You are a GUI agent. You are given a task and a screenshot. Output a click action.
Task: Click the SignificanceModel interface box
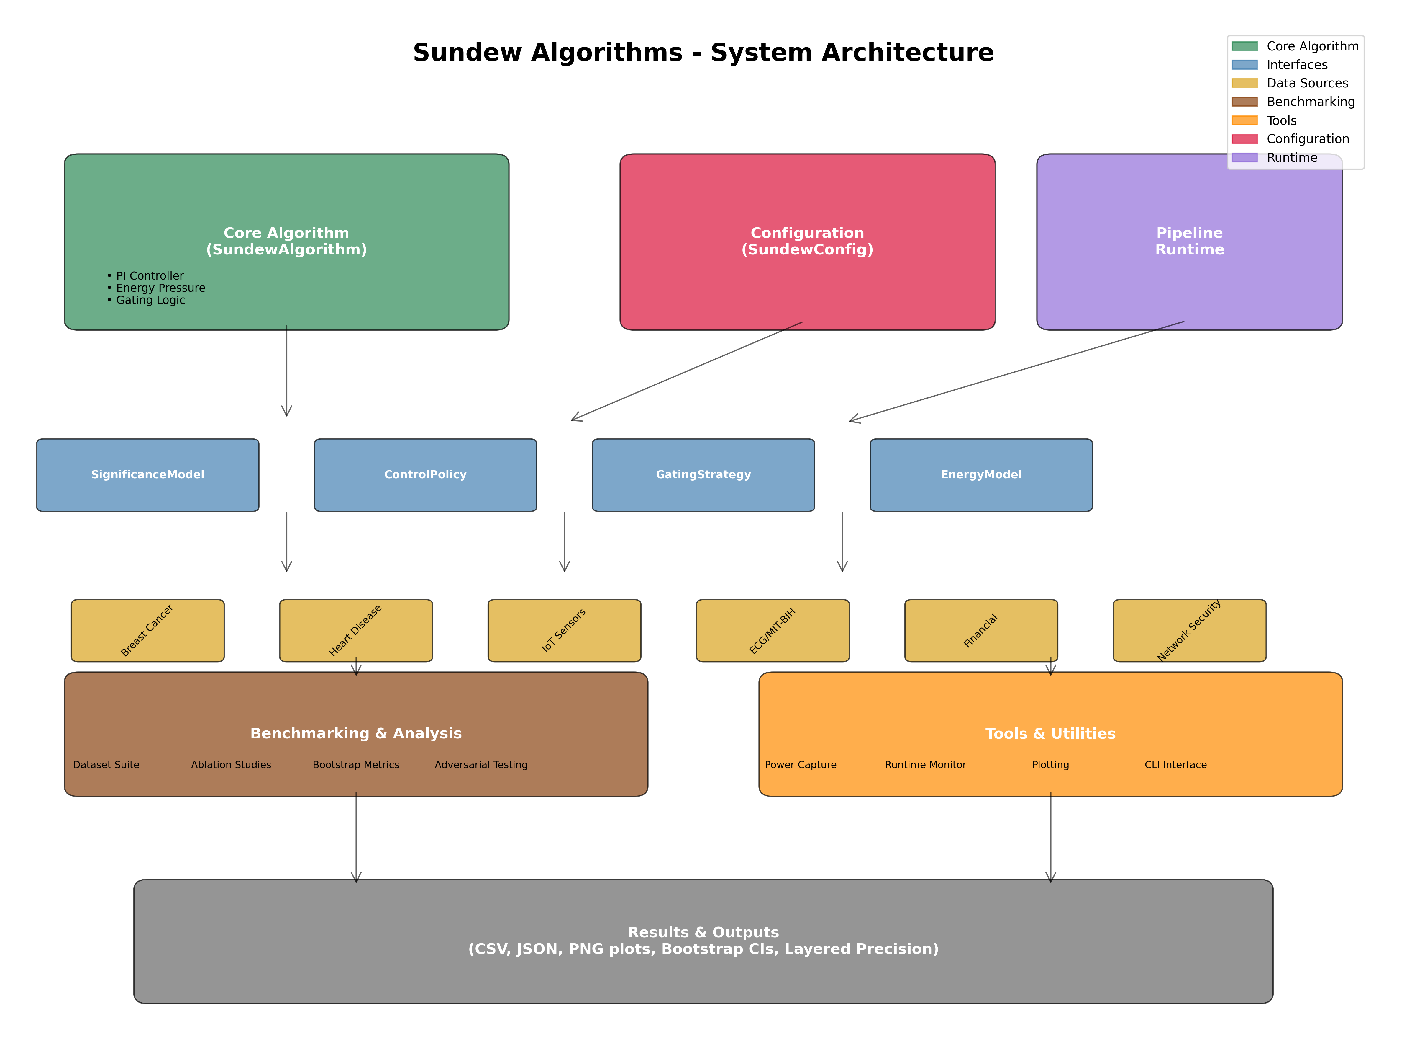click(147, 475)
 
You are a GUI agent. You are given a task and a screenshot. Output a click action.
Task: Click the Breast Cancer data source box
click(147, 630)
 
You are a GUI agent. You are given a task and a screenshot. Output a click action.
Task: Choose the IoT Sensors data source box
click(564, 630)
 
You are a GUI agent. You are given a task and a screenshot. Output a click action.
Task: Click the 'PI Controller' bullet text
click(150, 275)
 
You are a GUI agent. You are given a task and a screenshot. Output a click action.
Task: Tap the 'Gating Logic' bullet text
click(150, 300)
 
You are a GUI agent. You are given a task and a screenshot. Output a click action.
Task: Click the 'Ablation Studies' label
click(231, 764)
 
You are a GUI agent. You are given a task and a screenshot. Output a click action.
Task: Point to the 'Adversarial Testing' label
click(481, 764)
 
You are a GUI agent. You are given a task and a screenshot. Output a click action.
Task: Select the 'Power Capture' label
click(800, 764)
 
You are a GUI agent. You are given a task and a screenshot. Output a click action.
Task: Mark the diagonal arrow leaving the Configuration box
click(687, 371)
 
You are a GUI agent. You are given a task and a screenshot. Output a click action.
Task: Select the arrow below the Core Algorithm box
click(287, 371)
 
